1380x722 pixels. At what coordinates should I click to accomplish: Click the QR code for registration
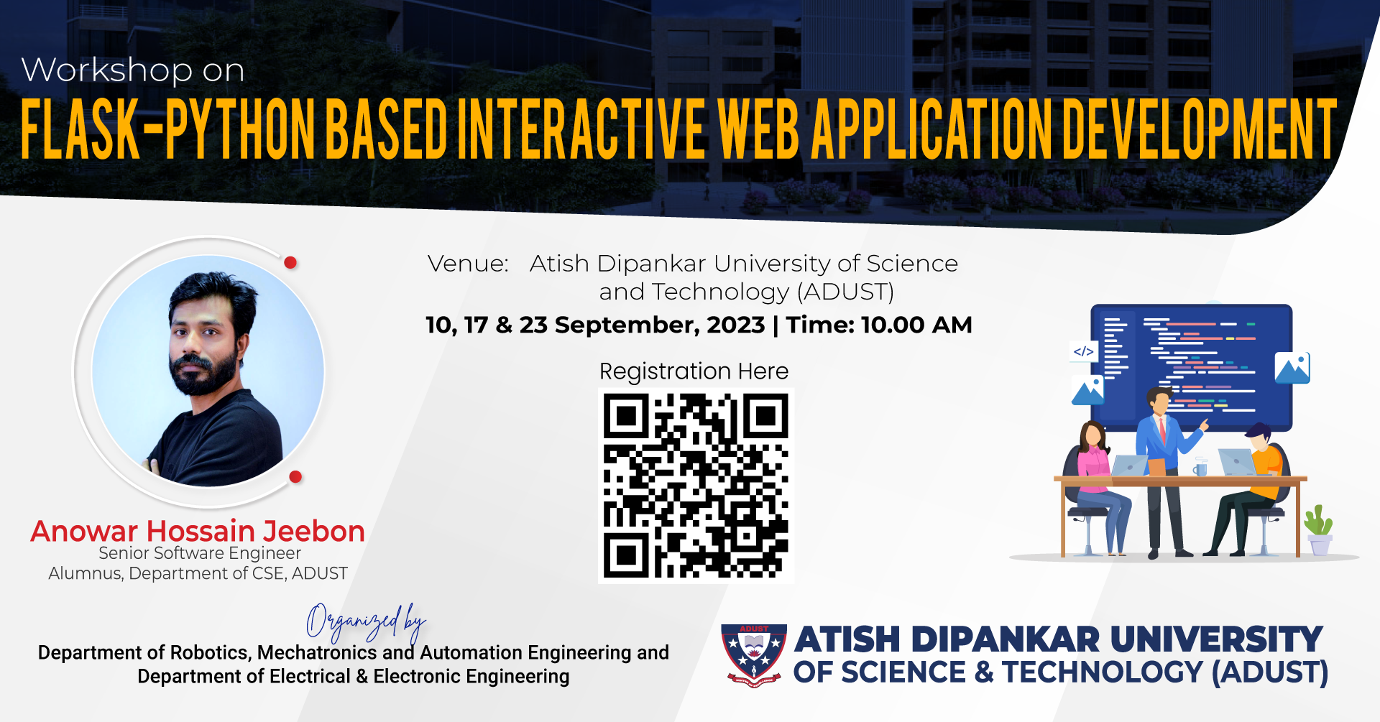click(696, 486)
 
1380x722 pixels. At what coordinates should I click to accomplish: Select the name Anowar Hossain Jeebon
click(198, 531)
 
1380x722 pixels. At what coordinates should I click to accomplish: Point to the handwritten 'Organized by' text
click(366, 622)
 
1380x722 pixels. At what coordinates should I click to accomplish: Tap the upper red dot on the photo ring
click(290, 262)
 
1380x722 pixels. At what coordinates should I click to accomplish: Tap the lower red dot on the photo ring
click(295, 476)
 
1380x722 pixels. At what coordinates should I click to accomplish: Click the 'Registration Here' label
click(694, 371)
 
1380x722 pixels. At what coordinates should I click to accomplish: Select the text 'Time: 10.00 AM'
click(878, 325)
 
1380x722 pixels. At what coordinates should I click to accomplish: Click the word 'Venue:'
click(468, 264)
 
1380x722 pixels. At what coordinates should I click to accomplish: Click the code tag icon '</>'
click(1083, 351)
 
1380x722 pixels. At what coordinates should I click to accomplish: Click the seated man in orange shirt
click(1251, 489)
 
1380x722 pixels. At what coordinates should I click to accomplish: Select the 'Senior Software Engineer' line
click(200, 553)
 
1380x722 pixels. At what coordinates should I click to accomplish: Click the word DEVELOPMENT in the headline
click(1200, 129)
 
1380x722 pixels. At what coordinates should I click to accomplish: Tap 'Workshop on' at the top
click(133, 70)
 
